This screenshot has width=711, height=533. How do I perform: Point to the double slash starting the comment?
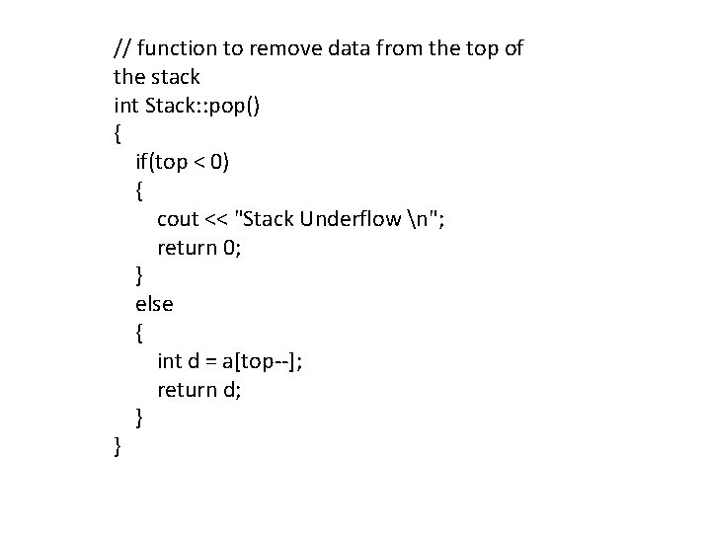pos(123,47)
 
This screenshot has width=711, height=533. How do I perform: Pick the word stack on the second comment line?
pos(175,76)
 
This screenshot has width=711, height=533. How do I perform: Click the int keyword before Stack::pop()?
pos(126,105)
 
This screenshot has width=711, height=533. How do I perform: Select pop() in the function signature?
pos(235,105)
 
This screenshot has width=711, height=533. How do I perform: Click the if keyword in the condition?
pos(142,162)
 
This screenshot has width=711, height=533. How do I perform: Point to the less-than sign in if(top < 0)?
pos(200,162)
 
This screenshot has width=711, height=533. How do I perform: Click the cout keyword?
pos(178,219)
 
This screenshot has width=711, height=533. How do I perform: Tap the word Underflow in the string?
pos(346,219)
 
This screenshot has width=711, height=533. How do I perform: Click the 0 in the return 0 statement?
pos(230,248)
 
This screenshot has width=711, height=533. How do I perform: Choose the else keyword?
pos(154,305)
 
